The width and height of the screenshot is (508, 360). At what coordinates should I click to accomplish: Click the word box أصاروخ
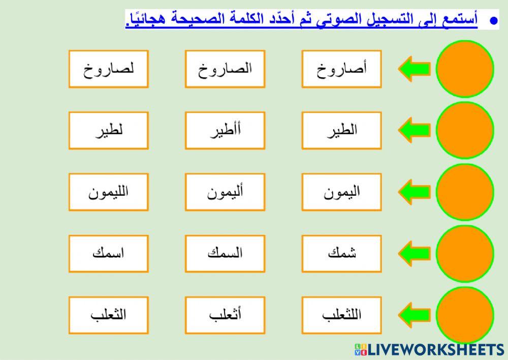tap(341, 69)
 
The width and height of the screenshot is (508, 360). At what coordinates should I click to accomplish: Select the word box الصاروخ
tap(225, 69)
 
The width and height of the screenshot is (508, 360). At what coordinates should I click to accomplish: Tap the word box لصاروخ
tap(109, 69)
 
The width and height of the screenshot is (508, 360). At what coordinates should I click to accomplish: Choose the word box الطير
tap(341, 130)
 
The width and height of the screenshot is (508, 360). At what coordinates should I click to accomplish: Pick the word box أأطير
tap(225, 130)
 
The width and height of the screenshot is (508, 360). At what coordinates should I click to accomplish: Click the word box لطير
tap(109, 130)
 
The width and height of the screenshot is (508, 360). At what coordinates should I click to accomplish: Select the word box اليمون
tap(341, 192)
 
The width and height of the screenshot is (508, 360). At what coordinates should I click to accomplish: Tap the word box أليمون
tap(225, 192)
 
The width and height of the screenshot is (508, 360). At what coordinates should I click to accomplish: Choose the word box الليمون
tap(109, 192)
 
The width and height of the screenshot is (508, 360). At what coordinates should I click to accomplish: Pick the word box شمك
tap(341, 253)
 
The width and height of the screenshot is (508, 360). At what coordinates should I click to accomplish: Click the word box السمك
tap(225, 253)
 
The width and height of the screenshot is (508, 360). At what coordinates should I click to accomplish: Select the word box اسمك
tap(109, 253)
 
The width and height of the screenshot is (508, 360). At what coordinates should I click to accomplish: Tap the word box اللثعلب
tap(341, 315)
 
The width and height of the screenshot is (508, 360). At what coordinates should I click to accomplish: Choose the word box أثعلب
tap(225, 315)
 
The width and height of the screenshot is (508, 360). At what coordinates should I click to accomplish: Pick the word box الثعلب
tap(109, 315)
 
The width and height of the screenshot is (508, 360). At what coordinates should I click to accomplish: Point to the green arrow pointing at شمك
tap(414, 253)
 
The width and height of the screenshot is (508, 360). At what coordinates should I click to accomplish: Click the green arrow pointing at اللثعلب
tap(414, 315)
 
